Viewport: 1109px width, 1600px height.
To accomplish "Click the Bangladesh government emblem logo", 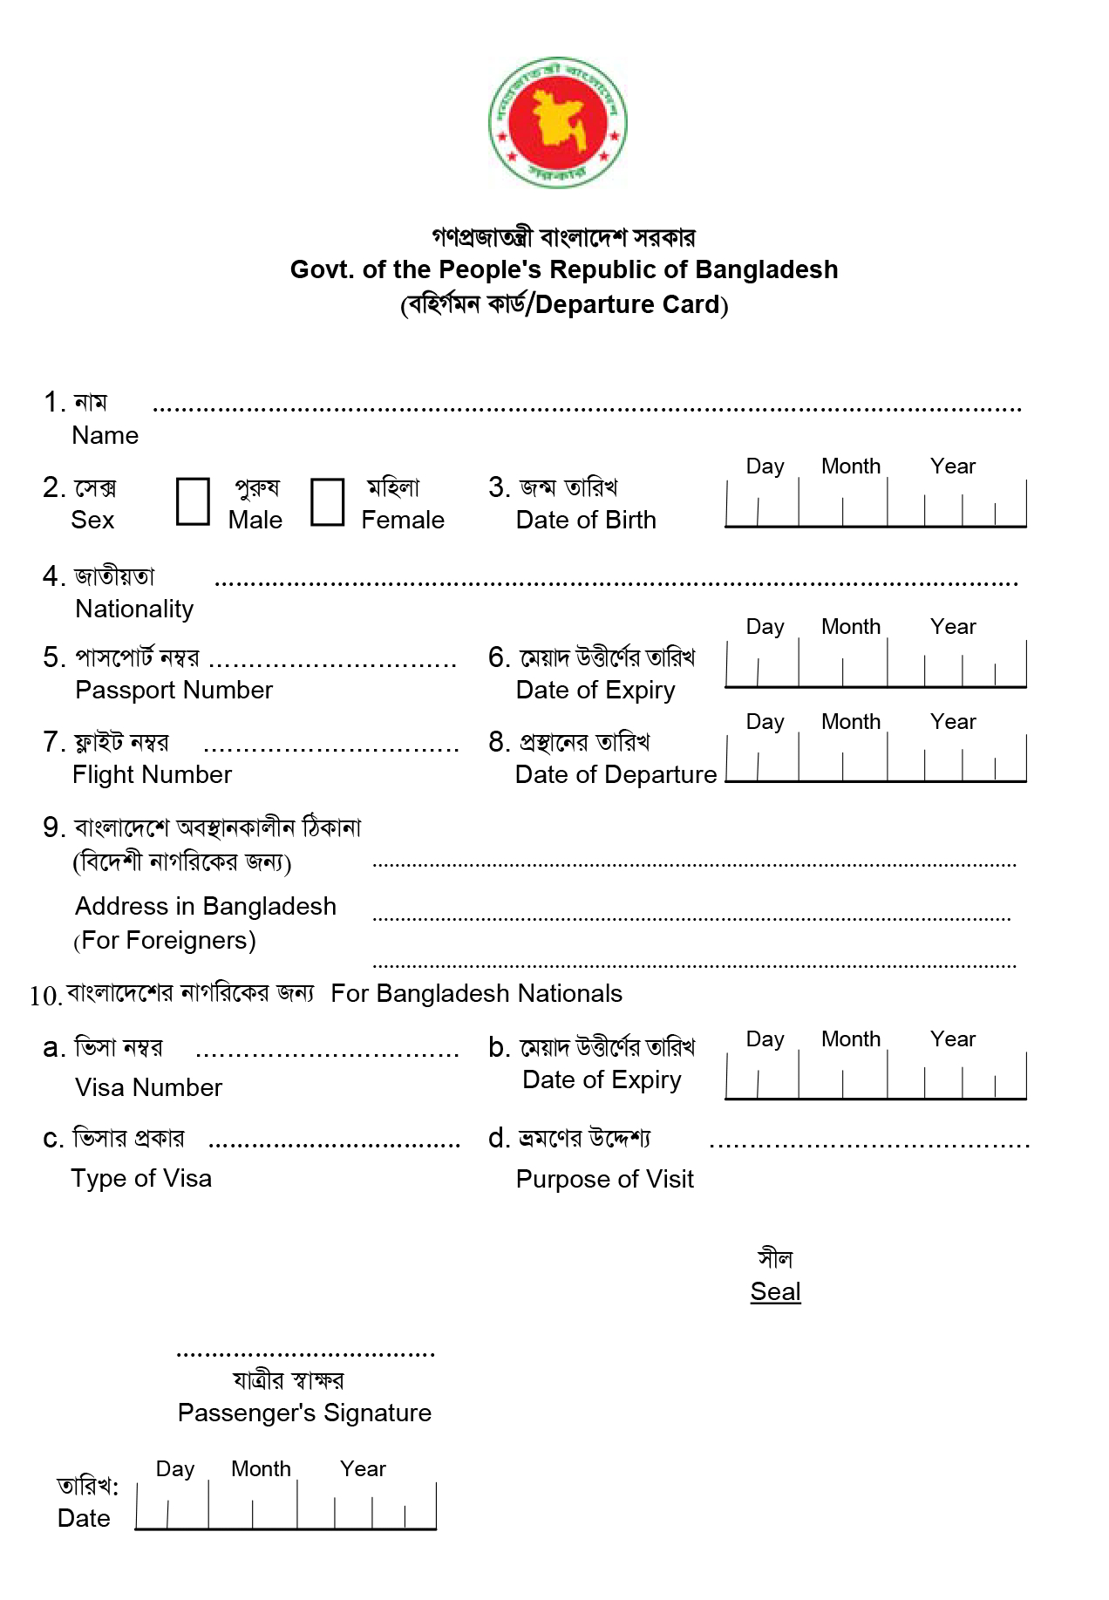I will (x=557, y=122).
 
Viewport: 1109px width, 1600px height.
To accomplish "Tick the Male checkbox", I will (x=193, y=501).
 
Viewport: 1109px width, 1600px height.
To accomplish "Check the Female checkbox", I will (x=327, y=501).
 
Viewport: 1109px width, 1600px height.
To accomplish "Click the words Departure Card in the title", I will (x=628, y=304).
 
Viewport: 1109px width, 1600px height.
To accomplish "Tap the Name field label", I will (x=105, y=435).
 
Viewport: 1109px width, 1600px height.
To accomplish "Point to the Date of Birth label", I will (x=586, y=520).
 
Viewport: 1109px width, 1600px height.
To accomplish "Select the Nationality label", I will (x=134, y=609).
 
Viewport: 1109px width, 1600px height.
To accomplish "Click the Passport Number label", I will (x=173, y=690).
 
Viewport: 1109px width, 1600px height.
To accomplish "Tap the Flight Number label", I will (x=152, y=774).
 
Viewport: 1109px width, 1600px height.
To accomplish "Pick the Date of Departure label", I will (x=616, y=774).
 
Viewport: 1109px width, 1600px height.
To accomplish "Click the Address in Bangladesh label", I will (x=205, y=906).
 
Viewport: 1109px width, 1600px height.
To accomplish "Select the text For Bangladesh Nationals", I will (x=476, y=993).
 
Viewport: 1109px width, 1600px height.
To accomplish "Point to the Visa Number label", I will (x=148, y=1087).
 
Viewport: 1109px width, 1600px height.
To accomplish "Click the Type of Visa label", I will (x=141, y=1178).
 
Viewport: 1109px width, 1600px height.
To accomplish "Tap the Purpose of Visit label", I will (x=604, y=1179).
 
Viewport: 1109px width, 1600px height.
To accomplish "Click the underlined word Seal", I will (x=775, y=1291).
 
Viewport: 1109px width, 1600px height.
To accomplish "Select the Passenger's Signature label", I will (x=304, y=1413).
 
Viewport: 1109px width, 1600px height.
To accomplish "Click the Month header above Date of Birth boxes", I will (x=851, y=466).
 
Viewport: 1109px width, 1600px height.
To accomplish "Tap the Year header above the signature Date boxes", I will (x=363, y=1469).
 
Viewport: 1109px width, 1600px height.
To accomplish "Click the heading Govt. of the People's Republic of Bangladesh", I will (x=564, y=269).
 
